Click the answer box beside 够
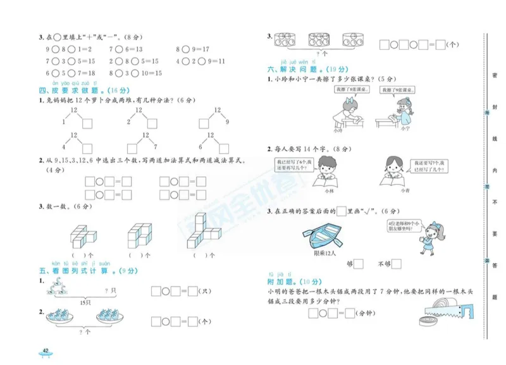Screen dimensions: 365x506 [359, 264]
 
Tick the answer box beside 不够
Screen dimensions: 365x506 [397, 264]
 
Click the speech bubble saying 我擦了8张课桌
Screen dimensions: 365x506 [349, 90]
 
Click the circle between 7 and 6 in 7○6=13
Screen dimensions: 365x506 [119, 49]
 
